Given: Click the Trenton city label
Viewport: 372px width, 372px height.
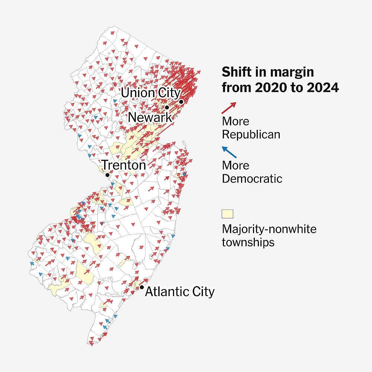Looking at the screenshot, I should click(124, 165).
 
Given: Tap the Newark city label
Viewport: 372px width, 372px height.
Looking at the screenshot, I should click(150, 118).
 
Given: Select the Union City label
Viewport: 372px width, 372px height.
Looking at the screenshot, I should click(151, 93).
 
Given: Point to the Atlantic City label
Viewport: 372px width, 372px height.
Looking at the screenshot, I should click(180, 292).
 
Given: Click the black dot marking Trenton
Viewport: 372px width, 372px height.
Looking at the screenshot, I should click(107, 175).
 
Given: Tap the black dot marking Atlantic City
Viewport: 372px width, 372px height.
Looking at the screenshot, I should click(142, 288).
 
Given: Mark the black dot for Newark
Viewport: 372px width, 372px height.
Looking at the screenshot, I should click(167, 107).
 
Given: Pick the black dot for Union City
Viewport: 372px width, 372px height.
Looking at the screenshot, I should click(181, 102).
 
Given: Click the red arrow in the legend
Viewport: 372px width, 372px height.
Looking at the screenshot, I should click(229, 108).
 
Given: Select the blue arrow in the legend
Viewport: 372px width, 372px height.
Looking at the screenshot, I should click(229, 152).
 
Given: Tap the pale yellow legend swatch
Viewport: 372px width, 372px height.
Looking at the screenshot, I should click(227, 214).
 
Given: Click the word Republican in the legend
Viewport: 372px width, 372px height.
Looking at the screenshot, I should click(251, 134).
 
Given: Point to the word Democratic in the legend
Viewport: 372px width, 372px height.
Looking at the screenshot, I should click(252, 179).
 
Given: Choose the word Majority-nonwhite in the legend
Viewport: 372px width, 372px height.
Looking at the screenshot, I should click(269, 229).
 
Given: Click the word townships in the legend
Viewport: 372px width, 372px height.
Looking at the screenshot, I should click(248, 243).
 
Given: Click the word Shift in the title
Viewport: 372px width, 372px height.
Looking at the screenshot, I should click(236, 72).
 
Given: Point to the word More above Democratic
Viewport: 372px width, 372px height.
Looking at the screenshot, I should click(235, 165).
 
